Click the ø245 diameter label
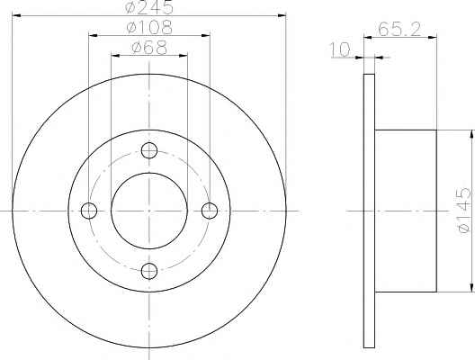[149, 6]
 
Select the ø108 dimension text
[149, 28]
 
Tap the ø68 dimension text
[149, 48]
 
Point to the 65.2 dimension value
[399, 30]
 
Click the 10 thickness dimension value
[340, 49]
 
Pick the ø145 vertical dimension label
[464, 211]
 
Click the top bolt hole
[149, 150]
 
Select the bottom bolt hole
[149, 271]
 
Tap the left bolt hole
[89, 211]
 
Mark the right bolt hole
[210, 211]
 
